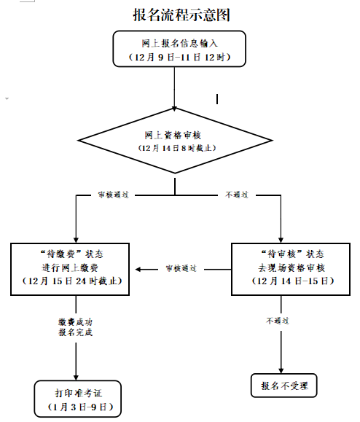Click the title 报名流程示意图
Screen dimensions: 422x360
coord(176,15)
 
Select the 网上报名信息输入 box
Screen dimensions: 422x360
coord(175,49)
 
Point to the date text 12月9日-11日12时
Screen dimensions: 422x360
coord(175,56)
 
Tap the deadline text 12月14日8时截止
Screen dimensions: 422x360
coord(175,147)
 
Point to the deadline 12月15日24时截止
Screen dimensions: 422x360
coord(77,281)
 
